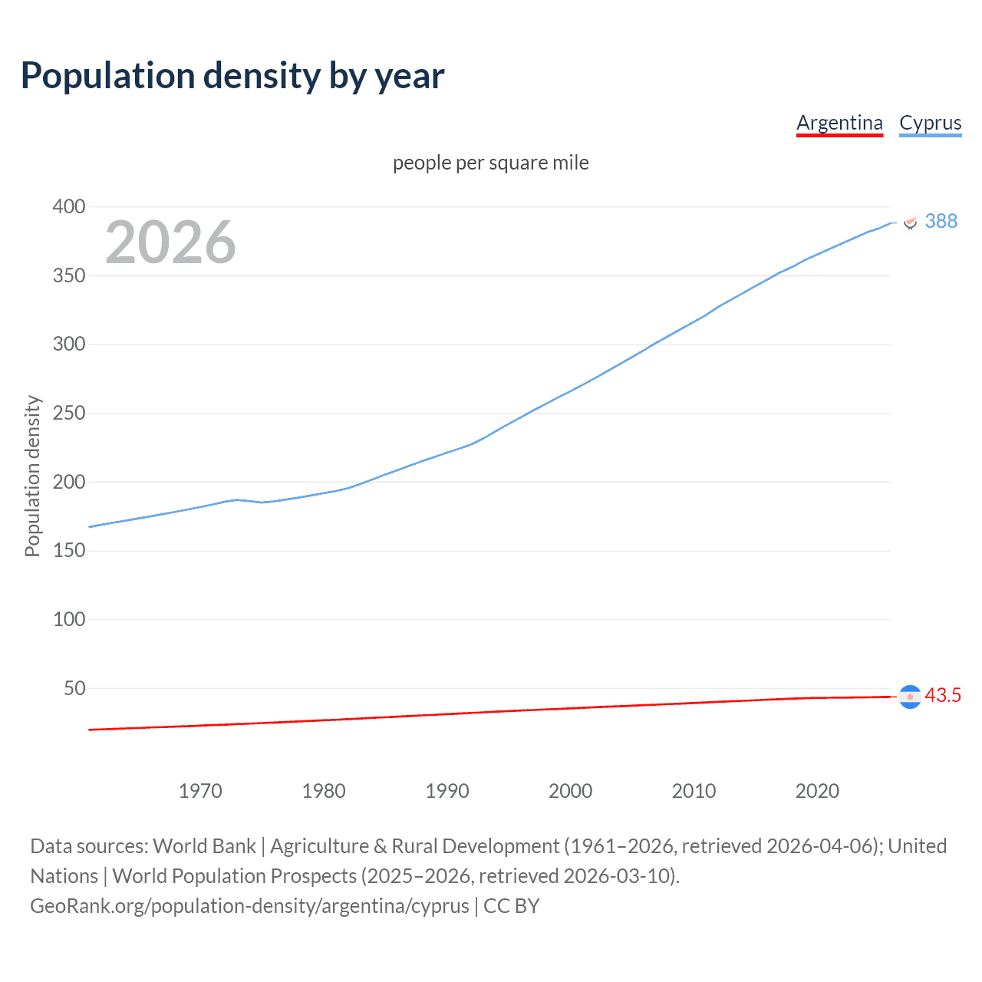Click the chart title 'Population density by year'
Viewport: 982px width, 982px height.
coord(232,76)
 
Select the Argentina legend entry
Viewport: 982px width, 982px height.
coord(839,123)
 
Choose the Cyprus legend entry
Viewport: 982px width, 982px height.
coord(930,123)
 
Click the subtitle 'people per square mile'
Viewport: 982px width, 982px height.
coord(490,163)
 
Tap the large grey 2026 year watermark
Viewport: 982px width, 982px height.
coord(170,242)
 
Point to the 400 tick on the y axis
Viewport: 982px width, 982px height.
coord(69,206)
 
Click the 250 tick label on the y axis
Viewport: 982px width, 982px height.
coord(69,413)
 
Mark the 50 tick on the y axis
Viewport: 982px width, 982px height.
coord(74,688)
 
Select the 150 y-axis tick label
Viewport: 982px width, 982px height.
coord(69,551)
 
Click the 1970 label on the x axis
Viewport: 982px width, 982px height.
coord(200,791)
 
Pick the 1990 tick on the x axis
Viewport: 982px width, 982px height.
coord(447,791)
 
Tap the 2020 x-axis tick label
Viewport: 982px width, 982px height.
coord(817,791)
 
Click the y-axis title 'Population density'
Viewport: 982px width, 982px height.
coord(32,476)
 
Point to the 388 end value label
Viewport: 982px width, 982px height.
coord(941,222)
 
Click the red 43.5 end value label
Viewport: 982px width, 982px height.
coord(942,696)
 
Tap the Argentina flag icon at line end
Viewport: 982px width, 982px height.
coord(910,697)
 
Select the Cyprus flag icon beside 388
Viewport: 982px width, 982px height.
coord(910,222)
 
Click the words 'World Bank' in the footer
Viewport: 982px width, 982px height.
coord(204,846)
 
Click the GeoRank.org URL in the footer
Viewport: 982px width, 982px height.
coord(249,906)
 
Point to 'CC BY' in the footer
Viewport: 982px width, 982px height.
coord(512,906)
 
